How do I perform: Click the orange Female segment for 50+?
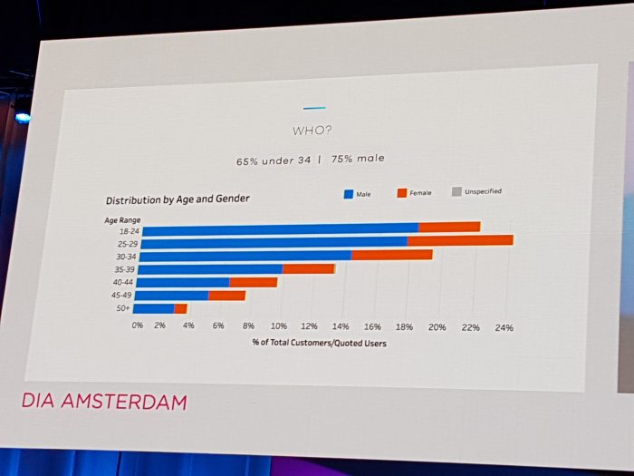pos(180,309)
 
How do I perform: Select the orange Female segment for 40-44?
pos(253,282)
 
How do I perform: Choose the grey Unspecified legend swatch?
pos(456,191)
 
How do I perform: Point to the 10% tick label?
pos(279,325)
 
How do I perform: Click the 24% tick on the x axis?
pos(503,327)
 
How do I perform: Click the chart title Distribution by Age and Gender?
pos(178,199)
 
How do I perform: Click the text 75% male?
pos(357,159)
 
